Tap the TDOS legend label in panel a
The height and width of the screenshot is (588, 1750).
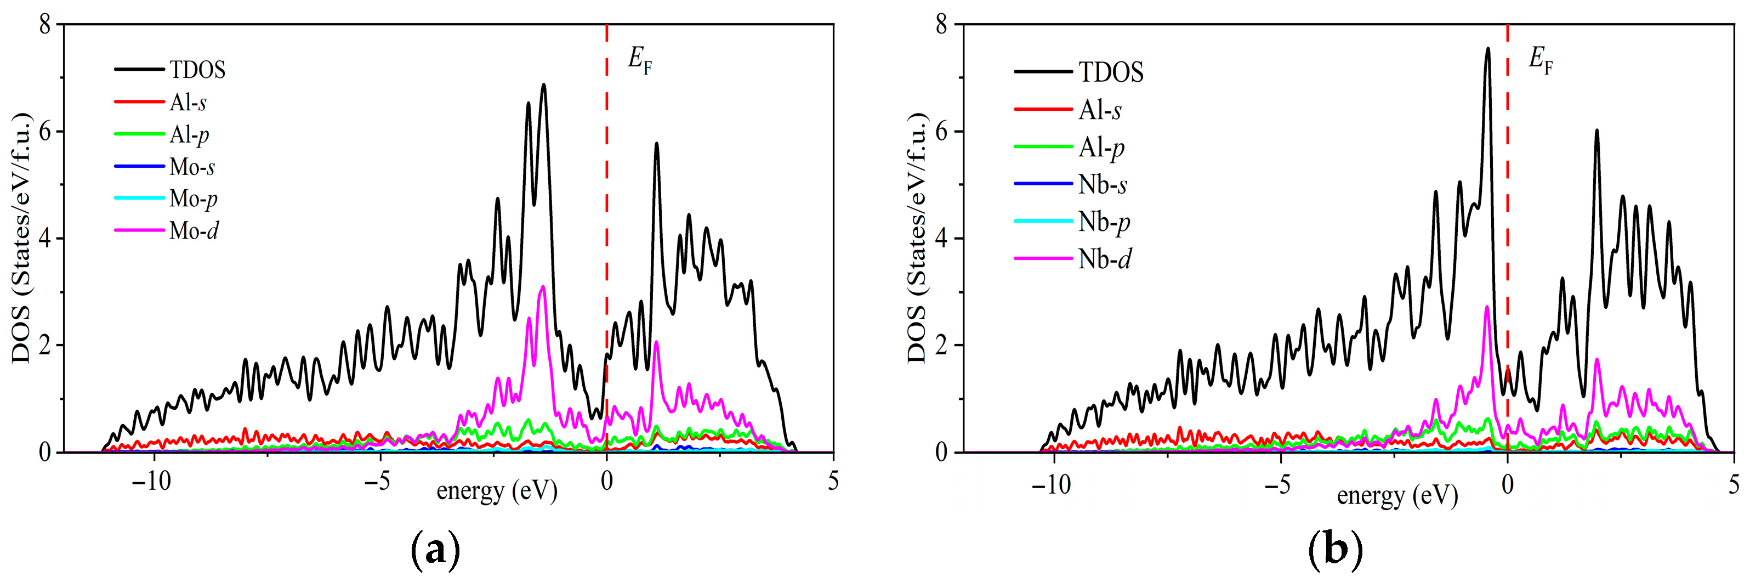197,69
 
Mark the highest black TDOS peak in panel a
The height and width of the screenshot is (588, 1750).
543,85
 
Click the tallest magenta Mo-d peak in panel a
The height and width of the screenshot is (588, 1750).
542,287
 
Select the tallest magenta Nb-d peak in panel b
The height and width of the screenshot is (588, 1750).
1487,307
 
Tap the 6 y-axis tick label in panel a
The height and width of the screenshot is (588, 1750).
45,132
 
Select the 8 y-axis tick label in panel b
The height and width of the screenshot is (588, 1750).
941,25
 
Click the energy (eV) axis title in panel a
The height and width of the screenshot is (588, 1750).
497,491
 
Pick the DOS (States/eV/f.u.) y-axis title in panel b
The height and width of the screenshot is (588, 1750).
917,238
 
